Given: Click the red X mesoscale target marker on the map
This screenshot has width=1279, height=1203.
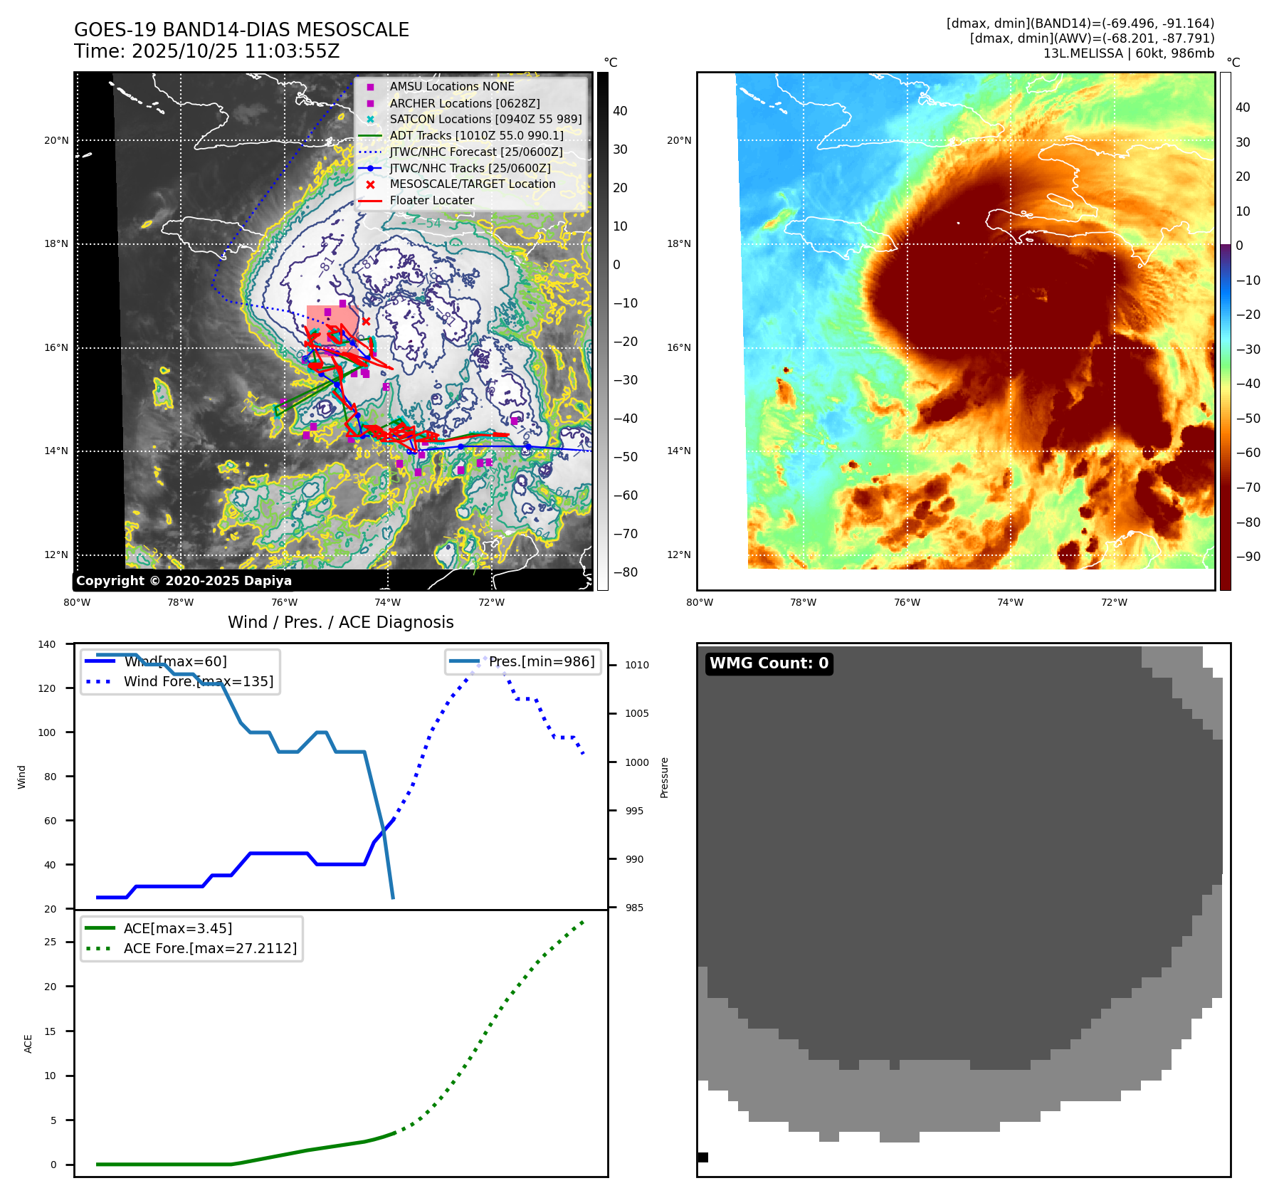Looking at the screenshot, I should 366,322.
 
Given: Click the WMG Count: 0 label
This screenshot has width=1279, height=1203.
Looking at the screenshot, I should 769,663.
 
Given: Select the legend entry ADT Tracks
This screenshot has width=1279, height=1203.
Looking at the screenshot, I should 476,135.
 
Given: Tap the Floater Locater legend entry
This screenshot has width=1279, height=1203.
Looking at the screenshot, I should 431,200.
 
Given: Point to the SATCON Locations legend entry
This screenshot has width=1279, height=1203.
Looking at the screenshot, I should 485,119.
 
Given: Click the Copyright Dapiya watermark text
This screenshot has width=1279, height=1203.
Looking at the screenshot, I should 184,581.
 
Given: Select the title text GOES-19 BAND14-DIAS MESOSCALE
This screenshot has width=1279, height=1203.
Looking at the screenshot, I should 241,30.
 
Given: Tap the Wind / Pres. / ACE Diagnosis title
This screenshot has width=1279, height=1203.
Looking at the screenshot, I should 340,622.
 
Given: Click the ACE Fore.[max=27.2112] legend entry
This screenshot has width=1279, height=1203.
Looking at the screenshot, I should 210,948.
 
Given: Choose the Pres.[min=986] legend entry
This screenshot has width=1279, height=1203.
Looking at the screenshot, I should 541,661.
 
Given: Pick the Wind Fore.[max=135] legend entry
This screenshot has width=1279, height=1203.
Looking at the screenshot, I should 198,681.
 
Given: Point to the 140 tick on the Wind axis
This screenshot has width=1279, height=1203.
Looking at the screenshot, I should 47,644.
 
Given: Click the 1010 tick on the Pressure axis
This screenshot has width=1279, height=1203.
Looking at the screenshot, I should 637,665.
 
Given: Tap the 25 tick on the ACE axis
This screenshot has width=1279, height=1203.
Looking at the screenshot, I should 51,942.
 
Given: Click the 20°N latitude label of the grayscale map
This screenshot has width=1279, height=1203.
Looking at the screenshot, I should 56,140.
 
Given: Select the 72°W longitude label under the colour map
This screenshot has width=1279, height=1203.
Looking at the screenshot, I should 1114,602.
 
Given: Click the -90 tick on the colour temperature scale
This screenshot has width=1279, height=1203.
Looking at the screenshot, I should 1248,557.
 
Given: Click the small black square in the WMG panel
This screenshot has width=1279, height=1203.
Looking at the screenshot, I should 702,1157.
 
